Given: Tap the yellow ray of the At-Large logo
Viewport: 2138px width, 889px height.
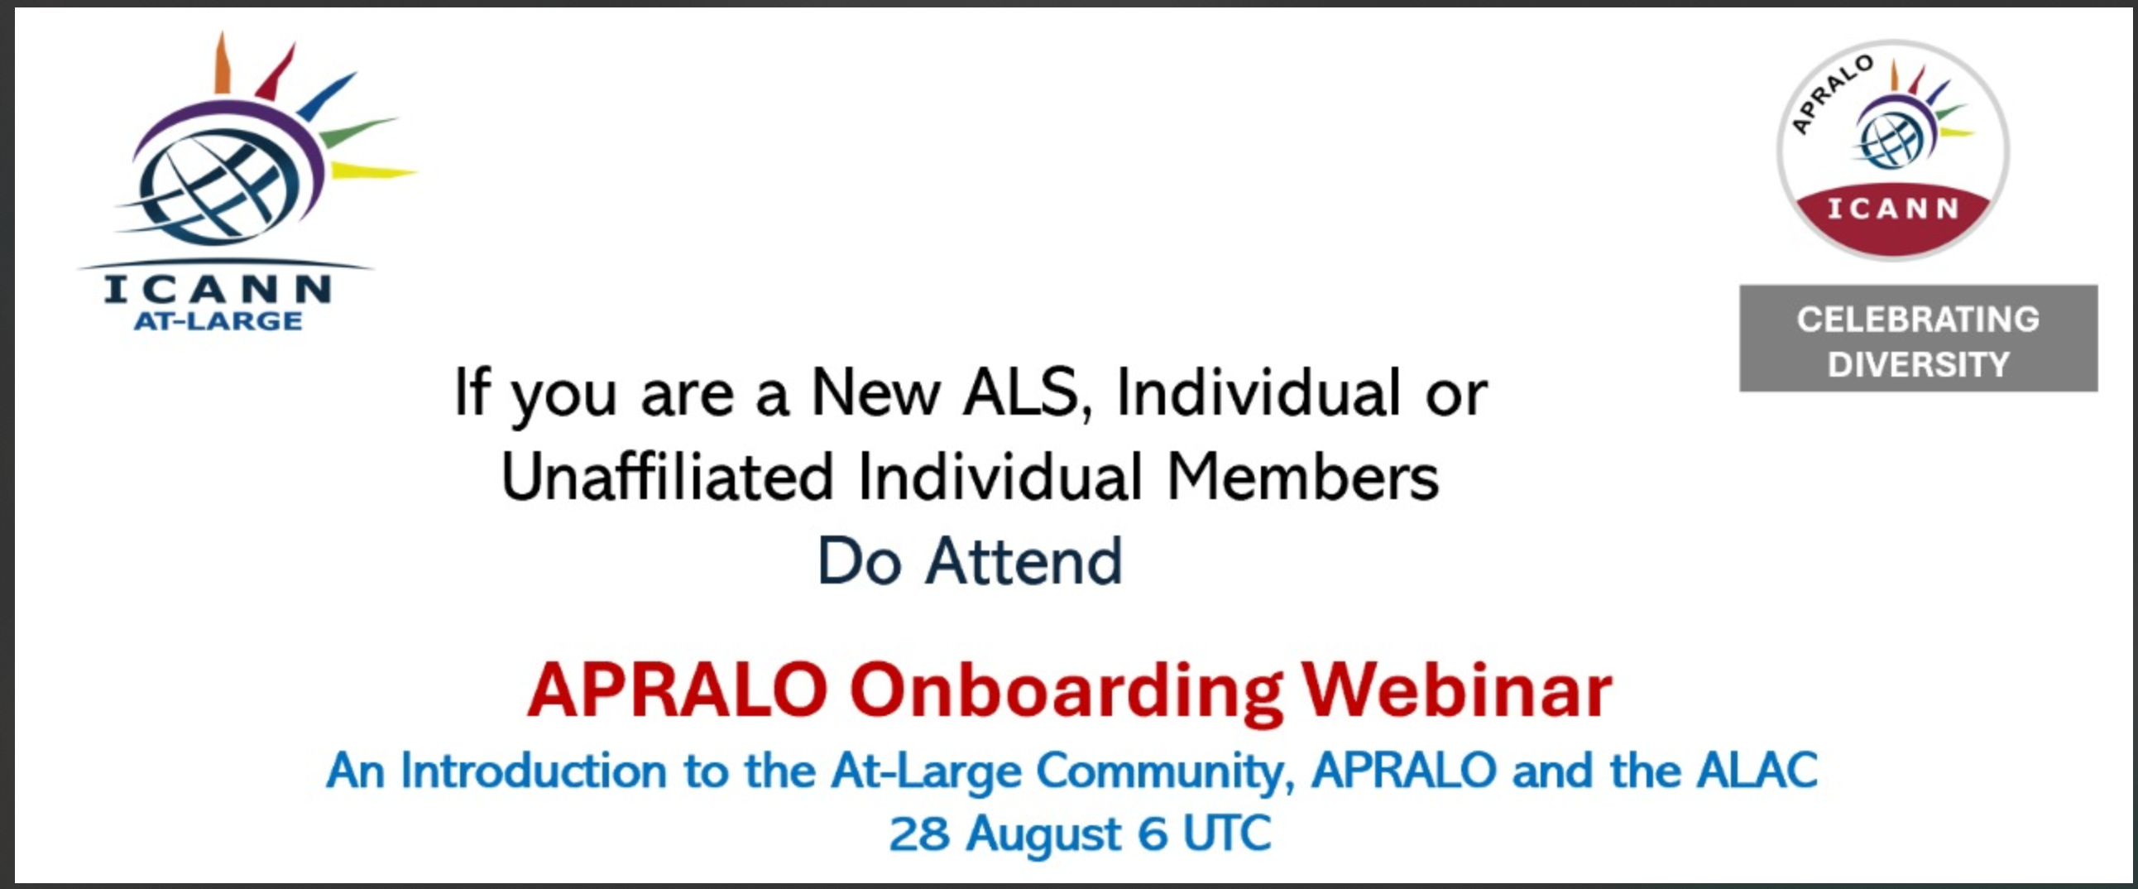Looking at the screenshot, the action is [x=373, y=171].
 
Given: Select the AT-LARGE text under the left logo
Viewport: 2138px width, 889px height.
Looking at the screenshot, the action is [x=218, y=320].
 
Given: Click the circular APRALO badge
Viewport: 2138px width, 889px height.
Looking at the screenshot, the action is [x=1892, y=150].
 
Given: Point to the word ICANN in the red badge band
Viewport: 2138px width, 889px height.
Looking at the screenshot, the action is [x=1893, y=209].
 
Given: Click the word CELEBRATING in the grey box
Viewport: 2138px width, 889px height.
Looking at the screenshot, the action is [x=1918, y=320].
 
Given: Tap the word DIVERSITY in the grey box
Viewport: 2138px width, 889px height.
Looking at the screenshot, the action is [x=1918, y=364].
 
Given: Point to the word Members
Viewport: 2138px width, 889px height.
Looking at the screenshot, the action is [x=1302, y=478].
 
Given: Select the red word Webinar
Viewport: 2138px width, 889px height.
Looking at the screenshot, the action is [x=1456, y=690].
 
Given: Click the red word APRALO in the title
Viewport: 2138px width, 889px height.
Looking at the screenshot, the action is [x=678, y=690].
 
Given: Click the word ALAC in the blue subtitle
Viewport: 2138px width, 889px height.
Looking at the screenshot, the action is [x=1757, y=771].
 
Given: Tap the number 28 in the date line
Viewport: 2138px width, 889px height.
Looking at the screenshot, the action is [x=918, y=834].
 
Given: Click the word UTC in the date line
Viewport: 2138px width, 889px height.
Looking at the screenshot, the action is [x=1227, y=834].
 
